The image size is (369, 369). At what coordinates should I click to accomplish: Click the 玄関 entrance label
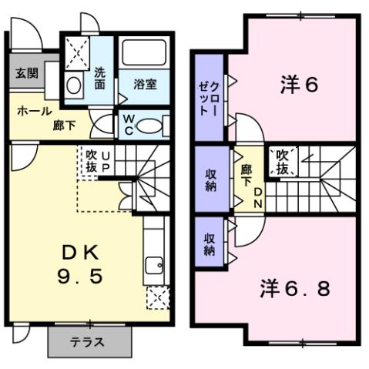[x=25, y=73]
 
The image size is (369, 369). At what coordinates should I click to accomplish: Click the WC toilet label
[x=129, y=125]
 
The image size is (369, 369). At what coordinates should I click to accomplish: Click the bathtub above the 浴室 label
[x=144, y=54]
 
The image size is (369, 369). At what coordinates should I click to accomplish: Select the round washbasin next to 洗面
[x=75, y=84]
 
